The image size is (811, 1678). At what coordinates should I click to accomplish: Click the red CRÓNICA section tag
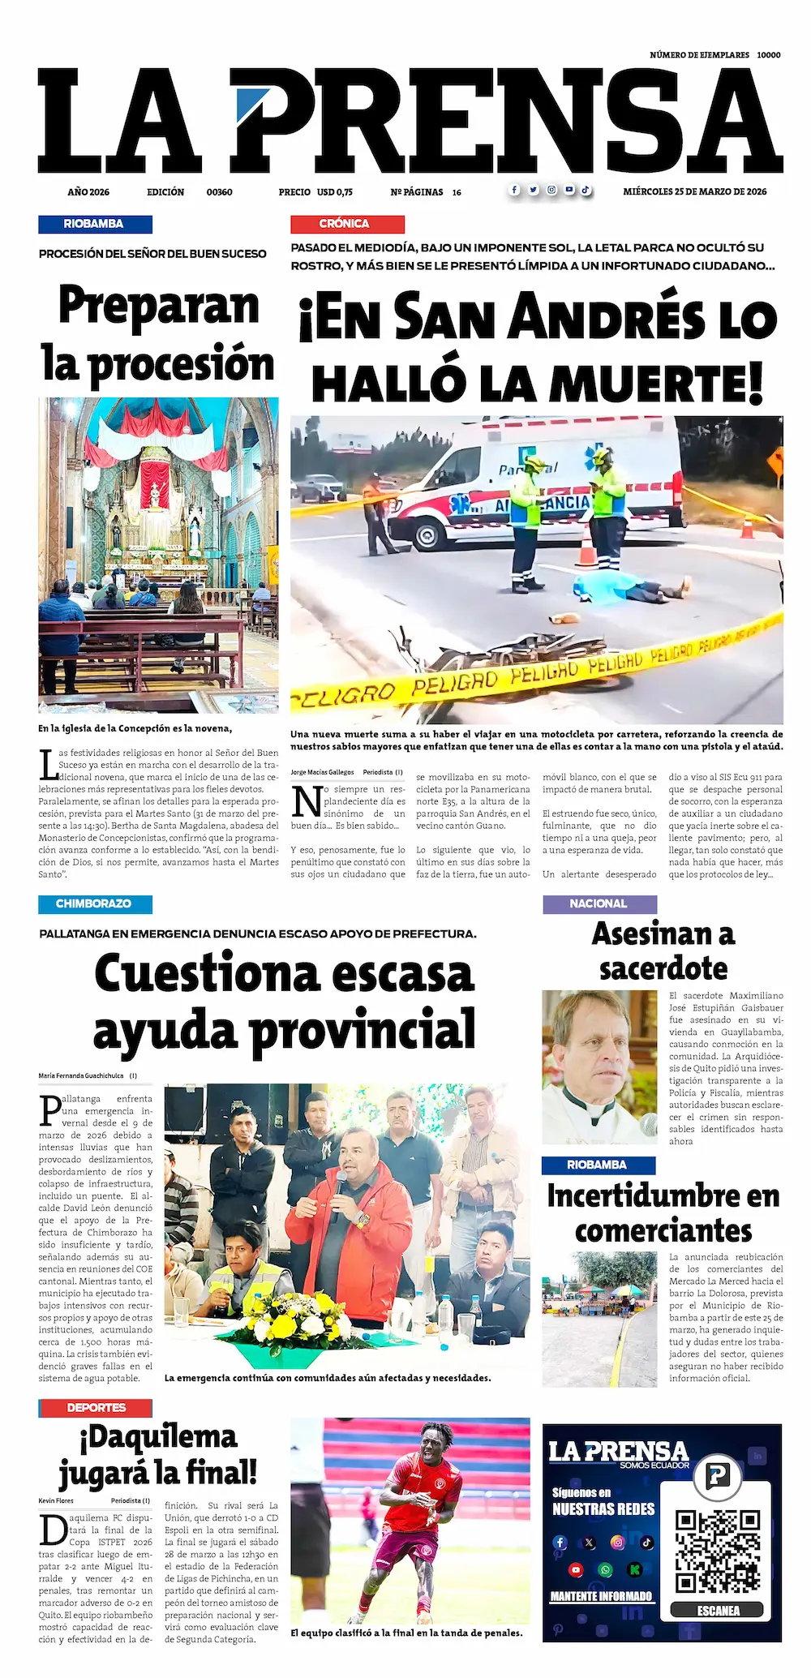pyautogui.click(x=347, y=224)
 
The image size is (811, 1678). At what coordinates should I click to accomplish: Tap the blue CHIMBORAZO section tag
pyautogui.click(x=94, y=903)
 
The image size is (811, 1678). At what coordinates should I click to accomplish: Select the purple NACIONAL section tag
pyautogui.click(x=599, y=903)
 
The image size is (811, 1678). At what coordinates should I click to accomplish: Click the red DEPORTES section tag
pyautogui.click(x=96, y=1407)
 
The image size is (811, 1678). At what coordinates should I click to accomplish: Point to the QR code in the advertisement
pyautogui.click(x=719, y=1551)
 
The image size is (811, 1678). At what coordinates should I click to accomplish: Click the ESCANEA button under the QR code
pyautogui.click(x=719, y=1610)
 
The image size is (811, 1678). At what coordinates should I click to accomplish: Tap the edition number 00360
pyautogui.click(x=219, y=192)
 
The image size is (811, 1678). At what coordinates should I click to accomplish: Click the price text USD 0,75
pyautogui.click(x=334, y=192)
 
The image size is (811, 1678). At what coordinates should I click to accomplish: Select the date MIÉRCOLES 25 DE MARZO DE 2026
pyautogui.click(x=694, y=192)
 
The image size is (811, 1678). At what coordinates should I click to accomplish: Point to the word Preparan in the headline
pyautogui.click(x=159, y=307)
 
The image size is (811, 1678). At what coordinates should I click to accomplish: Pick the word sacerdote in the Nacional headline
pyautogui.click(x=663, y=968)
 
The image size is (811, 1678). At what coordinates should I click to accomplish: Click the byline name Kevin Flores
pyautogui.click(x=56, y=1500)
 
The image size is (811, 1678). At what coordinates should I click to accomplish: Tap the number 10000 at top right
pyautogui.click(x=768, y=55)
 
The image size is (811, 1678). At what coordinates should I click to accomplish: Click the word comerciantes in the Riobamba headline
pyautogui.click(x=663, y=1230)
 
